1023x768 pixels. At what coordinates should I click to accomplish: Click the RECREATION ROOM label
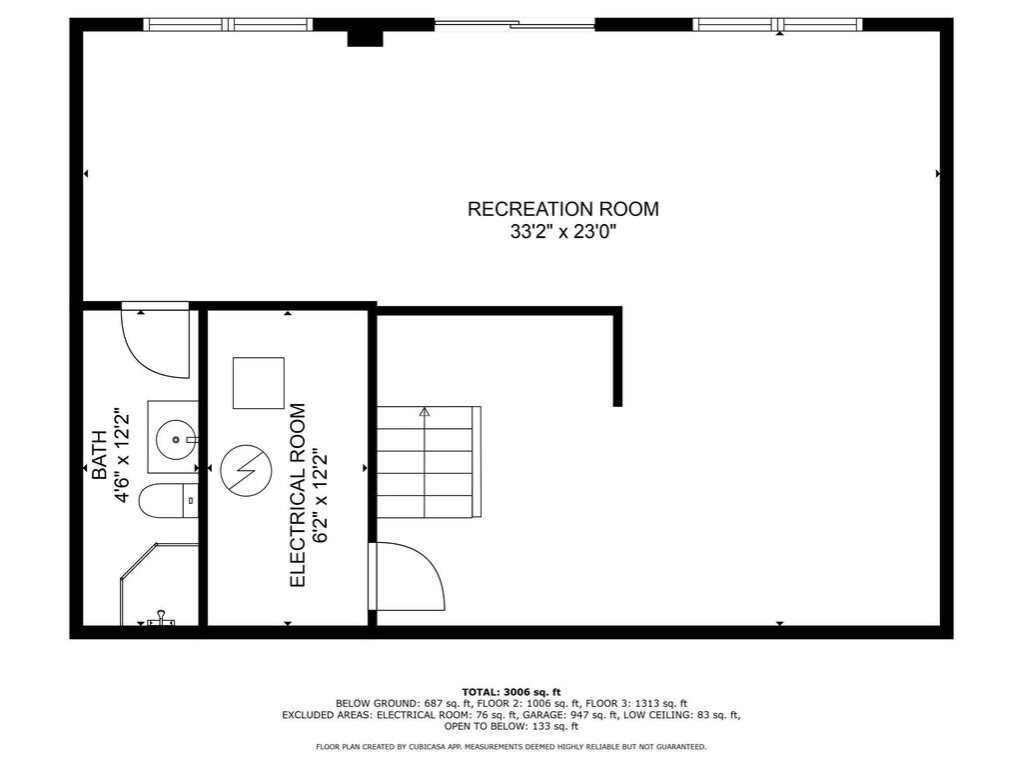(563, 209)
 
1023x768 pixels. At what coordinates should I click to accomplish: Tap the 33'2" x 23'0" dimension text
(563, 232)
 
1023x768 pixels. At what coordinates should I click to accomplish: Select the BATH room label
(99, 455)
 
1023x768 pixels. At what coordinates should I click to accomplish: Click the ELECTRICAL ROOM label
(298, 495)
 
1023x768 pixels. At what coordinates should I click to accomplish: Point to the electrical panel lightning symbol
(246, 471)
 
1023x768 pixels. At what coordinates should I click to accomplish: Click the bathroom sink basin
(176, 440)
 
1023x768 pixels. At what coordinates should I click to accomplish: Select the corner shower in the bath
(159, 583)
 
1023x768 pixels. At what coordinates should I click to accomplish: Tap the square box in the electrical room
(259, 383)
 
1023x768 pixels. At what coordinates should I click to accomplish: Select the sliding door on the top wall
(514, 25)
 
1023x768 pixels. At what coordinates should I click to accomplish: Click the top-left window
(228, 25)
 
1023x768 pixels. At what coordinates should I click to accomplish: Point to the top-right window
(777, 25)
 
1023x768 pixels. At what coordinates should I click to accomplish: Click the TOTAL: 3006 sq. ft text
(511, 692)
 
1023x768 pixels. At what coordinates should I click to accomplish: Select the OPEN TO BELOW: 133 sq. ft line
(511, 726)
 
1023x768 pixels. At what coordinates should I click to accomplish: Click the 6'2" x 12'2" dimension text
(320, 495)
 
